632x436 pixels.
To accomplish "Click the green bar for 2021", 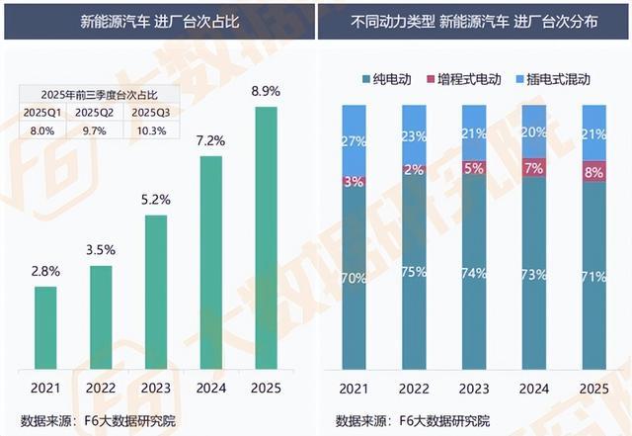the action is tap(45, 328).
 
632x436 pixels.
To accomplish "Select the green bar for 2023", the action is tap(156, 292).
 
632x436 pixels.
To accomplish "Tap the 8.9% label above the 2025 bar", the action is tap(266, 91).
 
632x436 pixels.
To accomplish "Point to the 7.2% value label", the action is tap(210, 141).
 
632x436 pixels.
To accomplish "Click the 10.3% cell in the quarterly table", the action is tap(151, 131).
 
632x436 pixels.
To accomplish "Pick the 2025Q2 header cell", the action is tap(95, 113).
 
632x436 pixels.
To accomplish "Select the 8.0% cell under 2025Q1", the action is tap(42, 131).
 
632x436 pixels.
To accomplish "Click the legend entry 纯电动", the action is tap(387, 79).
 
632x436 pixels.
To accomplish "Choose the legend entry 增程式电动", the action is tap(464, 79).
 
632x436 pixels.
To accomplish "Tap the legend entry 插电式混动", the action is tap(553, 79).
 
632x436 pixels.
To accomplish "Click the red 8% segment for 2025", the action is tap(594, 172).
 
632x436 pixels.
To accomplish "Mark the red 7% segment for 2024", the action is tap(534, 167).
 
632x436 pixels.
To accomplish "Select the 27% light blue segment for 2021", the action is tap(355, 141).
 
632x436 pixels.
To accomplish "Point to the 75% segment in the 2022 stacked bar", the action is tap(414, 272).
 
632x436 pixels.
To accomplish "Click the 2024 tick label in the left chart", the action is tap(210, 388).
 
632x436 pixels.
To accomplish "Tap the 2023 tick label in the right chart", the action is tap(474, 389).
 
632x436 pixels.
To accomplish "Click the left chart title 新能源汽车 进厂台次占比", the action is tap(160, 22).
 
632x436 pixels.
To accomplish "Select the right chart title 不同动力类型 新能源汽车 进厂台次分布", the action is tap(474, 22).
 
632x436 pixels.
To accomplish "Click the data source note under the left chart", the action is tap(99, 421).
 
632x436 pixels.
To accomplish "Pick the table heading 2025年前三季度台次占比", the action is tap(100, 95).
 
